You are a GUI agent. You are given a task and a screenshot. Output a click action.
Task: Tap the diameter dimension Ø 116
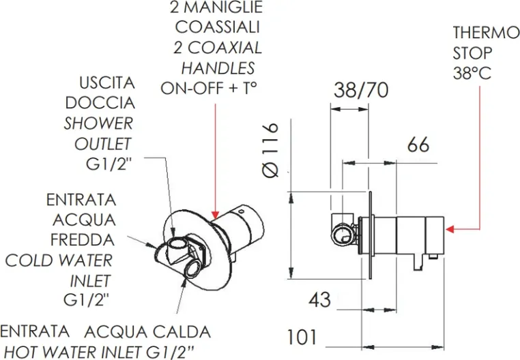(271, 150)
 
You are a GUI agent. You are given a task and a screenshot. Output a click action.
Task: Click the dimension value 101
(300, 337)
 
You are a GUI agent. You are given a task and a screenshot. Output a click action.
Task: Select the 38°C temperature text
(472, 73)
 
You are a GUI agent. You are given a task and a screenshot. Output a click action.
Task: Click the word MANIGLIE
(228, 8)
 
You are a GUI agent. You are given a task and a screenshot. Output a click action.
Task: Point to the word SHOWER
(99, 124)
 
